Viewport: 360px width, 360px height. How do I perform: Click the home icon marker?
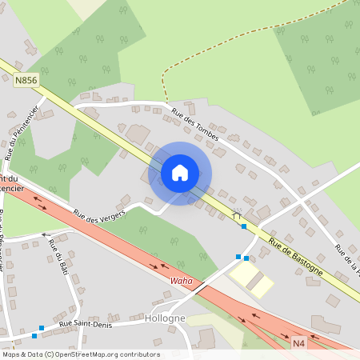[180, 172]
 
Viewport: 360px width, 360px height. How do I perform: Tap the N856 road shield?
[26, 79]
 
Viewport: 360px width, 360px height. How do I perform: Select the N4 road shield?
[298, 343]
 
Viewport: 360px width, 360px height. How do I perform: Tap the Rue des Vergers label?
[101, 214]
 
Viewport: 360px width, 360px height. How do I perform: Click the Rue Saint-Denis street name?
[80, 323]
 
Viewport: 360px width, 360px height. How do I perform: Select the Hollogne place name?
[166, 318]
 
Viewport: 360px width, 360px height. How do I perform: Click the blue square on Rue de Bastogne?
[244, 226]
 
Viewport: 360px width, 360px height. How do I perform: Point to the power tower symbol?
[236, 214]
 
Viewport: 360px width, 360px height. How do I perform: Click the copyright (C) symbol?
[50, 354]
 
